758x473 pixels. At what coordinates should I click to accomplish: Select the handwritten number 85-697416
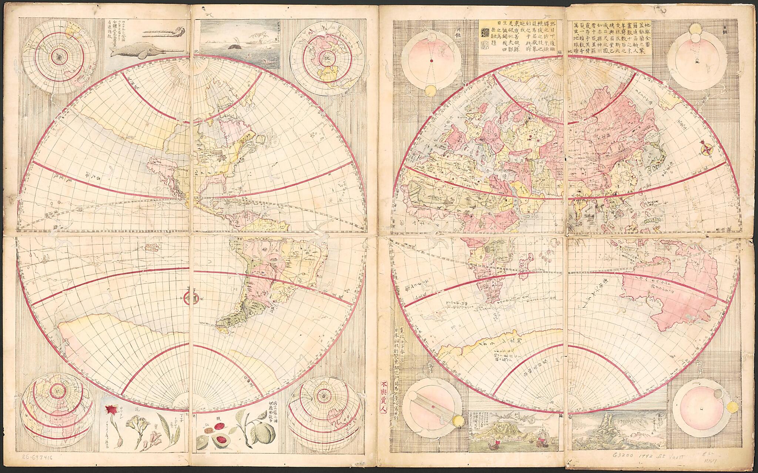click(37, 467)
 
